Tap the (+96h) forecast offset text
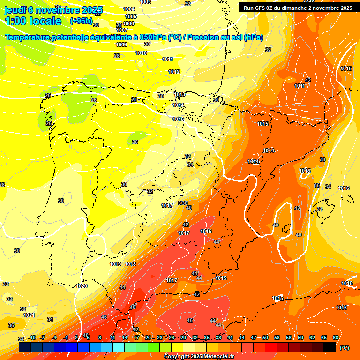[x=81, y=21]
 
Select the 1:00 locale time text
[x=33, y=21]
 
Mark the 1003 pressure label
[x=145, y=2]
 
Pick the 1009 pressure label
[x=121, y=45]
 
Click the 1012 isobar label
[x=174, y=72]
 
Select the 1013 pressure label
[x=179, y=95]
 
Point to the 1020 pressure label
[x=82, y=286]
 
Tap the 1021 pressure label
[x=29, y=315]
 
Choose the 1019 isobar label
[x=115, y=264]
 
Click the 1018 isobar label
[x=130, y=264]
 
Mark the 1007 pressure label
[x=122, y=30]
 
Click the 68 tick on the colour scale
[x=336, y=337]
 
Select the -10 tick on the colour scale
[x=32, y=337]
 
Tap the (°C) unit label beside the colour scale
[x=344, y=348]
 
